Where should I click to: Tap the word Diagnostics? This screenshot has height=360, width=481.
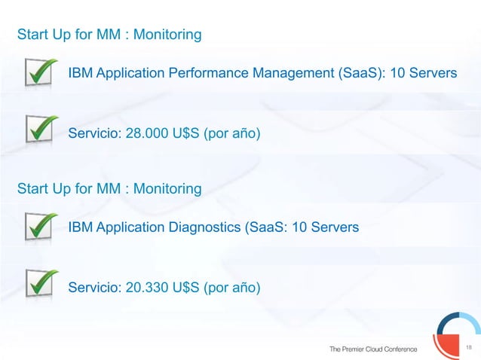[x=203, y=226]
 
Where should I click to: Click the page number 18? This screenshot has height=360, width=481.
[x=469, y=346]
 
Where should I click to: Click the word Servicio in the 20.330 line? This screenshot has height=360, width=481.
[x=93, y=287]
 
